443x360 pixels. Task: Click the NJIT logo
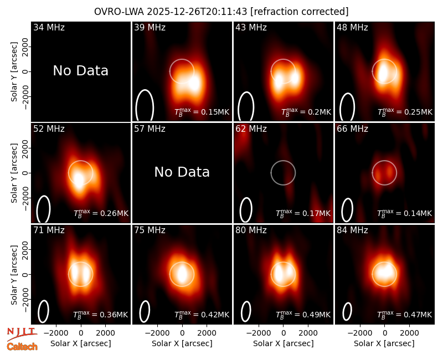tap(22, 333)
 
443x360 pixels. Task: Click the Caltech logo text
tap(22, 347)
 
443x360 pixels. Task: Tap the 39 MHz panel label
tap(150, 27)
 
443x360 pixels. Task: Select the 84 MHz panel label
tap(352, 230)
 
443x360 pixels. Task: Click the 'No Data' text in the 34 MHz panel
tap(80, 71)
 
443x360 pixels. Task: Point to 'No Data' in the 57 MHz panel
tap(182, 172)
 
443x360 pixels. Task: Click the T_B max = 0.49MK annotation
tap(303, 314)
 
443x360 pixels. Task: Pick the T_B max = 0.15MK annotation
tap(202, 112)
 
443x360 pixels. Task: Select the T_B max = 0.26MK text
tap(101, 213)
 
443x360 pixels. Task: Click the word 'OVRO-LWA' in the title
tap(119, 12)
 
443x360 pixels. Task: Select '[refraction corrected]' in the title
tap(300, 12)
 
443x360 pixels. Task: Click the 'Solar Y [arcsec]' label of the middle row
tap(14, 173)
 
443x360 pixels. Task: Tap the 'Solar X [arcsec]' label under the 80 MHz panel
tap(284, 343)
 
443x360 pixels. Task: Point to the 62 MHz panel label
tap(251, 129)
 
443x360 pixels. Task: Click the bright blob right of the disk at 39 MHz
tap(194, 83)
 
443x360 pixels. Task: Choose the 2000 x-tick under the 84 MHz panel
tap(409, 333)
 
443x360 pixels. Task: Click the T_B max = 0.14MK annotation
tap(405, 213)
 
